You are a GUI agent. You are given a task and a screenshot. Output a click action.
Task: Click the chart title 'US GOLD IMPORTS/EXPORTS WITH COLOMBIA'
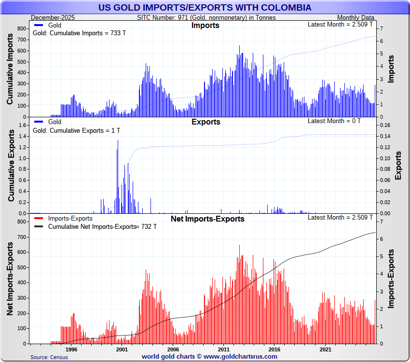tap(205, 8)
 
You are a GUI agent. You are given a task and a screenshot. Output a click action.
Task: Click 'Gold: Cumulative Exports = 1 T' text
tap(76, 130)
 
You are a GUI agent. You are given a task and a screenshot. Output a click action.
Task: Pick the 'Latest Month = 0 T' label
tap(341, 121)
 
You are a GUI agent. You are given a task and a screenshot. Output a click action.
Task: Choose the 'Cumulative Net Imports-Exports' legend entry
tap(92, 226)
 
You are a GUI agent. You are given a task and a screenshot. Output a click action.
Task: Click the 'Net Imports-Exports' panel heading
tap(207, 219)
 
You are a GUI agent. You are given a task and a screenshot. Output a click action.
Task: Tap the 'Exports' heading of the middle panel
tap(206, 122)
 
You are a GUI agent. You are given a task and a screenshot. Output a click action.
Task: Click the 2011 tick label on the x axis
tap(223, 349)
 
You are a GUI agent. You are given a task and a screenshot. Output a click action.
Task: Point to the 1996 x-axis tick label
tap(71, 349)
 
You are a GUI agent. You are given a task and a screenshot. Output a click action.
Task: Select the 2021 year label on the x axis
tap(325, 349)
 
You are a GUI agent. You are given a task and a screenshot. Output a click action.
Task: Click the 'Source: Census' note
tap(49, 357)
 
